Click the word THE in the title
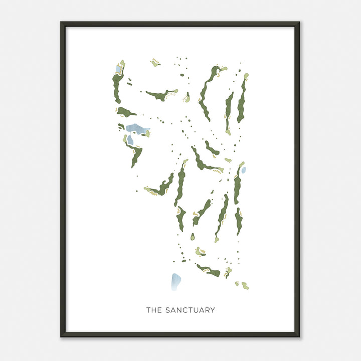154,310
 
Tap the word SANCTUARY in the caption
190,310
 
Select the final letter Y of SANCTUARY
213,310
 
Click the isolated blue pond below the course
175,282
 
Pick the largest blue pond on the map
137,129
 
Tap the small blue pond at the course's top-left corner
118,69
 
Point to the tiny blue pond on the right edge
244,170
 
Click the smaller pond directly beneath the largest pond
130,140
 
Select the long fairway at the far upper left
117,88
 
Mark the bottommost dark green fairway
209,271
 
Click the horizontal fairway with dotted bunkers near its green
160,94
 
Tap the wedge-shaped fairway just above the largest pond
125,112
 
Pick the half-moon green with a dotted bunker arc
187,97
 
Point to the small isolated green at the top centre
155,63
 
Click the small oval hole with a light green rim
192,237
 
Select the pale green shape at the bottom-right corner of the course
245,285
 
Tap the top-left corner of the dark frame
62,23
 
